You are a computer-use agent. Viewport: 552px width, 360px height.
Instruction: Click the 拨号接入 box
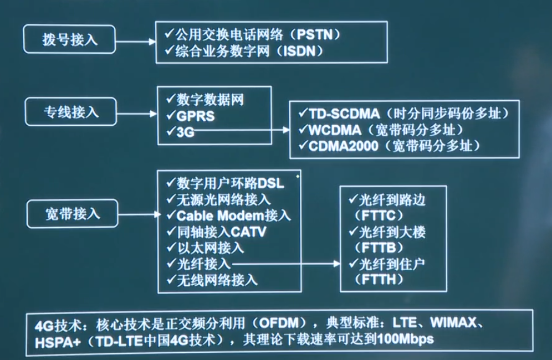point(69,40)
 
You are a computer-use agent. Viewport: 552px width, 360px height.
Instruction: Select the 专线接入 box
point(70,112)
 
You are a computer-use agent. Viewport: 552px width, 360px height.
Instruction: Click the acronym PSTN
point(318,34)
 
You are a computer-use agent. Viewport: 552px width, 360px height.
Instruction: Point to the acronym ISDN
point(303,50)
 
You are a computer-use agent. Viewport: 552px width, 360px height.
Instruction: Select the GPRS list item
point(196,116)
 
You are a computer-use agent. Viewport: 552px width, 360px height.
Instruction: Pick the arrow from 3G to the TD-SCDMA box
point(244,131)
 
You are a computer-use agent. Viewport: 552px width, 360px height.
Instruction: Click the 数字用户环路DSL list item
point(231,183)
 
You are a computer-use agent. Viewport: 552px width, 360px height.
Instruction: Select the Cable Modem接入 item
point(233,215)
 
